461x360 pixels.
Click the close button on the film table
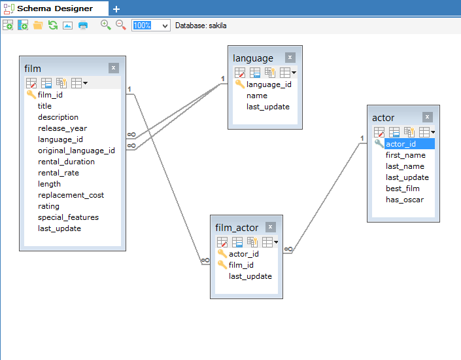114,68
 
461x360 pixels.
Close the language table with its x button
290,58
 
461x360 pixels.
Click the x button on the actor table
427,117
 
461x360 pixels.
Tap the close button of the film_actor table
270,227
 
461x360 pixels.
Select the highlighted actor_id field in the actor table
401,144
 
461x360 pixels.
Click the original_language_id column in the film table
76,151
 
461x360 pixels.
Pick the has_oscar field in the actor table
405,200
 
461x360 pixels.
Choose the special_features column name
68,217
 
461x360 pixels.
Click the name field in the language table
257,96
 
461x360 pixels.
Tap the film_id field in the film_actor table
241,265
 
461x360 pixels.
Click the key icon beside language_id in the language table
239,84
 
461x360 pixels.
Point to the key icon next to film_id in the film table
31,94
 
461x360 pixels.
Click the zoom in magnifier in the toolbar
105,25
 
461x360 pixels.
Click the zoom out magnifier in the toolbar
120,25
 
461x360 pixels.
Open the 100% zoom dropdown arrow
165,26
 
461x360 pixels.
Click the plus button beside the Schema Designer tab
116,9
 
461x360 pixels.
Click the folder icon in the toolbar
38,26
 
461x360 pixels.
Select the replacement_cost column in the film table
71,195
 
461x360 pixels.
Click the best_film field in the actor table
403,189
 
